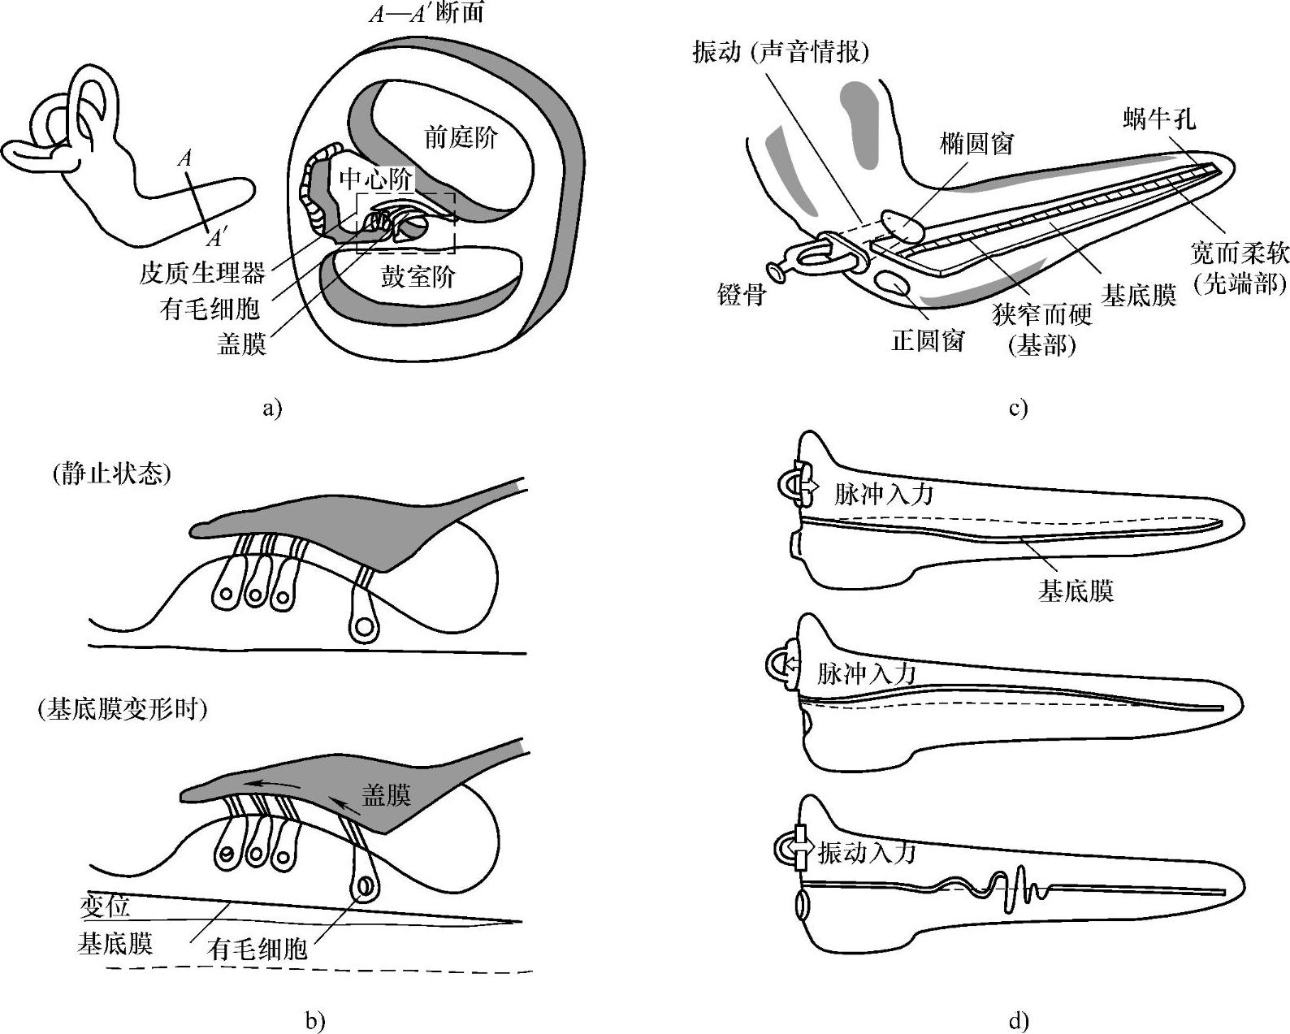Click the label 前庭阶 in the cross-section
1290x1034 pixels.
(x=461, y=137)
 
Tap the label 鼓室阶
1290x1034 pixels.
(x=418, y=277)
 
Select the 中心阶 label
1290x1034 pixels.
(x=376, y=179)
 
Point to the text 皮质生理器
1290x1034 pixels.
(x=202, y=274)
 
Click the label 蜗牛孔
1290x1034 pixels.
(x=1160, y=119)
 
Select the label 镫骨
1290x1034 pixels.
(x=742, y=294)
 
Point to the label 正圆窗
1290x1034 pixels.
(x=928, y=340)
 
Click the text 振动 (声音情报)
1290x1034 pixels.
(x=781, y=52)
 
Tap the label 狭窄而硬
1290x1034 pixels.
(x=1042, y=314)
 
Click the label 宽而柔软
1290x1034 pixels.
(x=1240, y=253)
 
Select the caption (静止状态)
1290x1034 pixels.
(x=110, y=474)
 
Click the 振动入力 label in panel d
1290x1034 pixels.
(x=867, y=852)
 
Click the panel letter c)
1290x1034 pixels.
(x=1019, y=409)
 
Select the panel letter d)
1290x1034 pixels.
(x=1019, y=1021)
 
